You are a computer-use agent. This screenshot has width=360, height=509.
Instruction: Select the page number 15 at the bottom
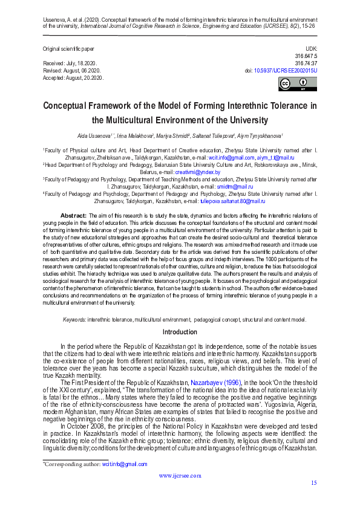coord(313,482)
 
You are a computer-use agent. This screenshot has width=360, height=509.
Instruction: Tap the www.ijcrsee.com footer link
coord(179,475)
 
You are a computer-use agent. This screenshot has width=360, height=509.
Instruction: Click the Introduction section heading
coord(180,332)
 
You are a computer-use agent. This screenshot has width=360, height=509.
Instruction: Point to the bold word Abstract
coord(73,216)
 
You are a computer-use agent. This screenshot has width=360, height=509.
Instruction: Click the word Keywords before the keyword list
coord(74,319)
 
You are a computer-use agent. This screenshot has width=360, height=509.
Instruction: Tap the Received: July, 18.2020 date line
coord(70,63)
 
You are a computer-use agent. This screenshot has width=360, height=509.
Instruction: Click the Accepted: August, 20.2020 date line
coord(73,78)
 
